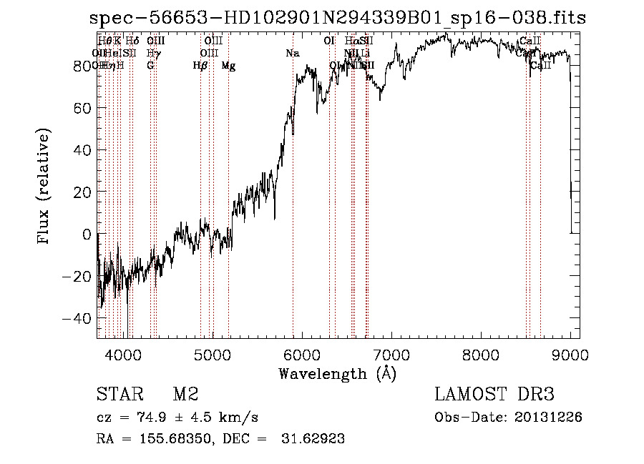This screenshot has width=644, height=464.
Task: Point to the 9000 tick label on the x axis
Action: click(x=570, y=354)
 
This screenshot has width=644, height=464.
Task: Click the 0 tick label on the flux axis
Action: click(x=87, y=234)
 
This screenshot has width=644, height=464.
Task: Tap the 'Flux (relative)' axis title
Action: click(x=44, y=187)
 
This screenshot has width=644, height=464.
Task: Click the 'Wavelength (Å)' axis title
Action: click(x=337, y=373)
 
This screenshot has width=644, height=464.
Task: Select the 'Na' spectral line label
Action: click(x=292, y=54)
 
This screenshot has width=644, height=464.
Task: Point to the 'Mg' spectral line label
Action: click(x=228, y=66)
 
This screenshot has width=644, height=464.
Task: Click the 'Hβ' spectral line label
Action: click(x=200, y=66)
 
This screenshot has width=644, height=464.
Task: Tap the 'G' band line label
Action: click(x=150, y=66)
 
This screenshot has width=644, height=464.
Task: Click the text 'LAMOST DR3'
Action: click(x=494, y=395)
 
